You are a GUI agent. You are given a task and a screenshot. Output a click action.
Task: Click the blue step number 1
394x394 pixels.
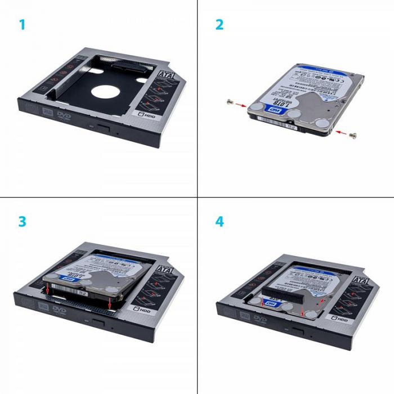[22, 25]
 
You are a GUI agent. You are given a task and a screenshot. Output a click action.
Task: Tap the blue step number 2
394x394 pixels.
[220, 25]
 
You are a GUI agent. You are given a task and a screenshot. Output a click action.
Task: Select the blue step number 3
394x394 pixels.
[22, 221]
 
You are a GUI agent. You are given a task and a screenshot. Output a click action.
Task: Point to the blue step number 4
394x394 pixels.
[220, 221]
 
